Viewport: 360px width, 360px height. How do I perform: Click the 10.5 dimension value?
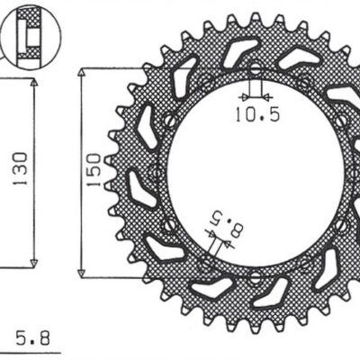coord(257,113)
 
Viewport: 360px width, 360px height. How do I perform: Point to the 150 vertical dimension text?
coord(93,169)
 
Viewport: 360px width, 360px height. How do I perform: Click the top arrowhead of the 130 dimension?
coord(33,82)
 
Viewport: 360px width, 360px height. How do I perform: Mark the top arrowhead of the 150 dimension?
coord(83,72)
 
